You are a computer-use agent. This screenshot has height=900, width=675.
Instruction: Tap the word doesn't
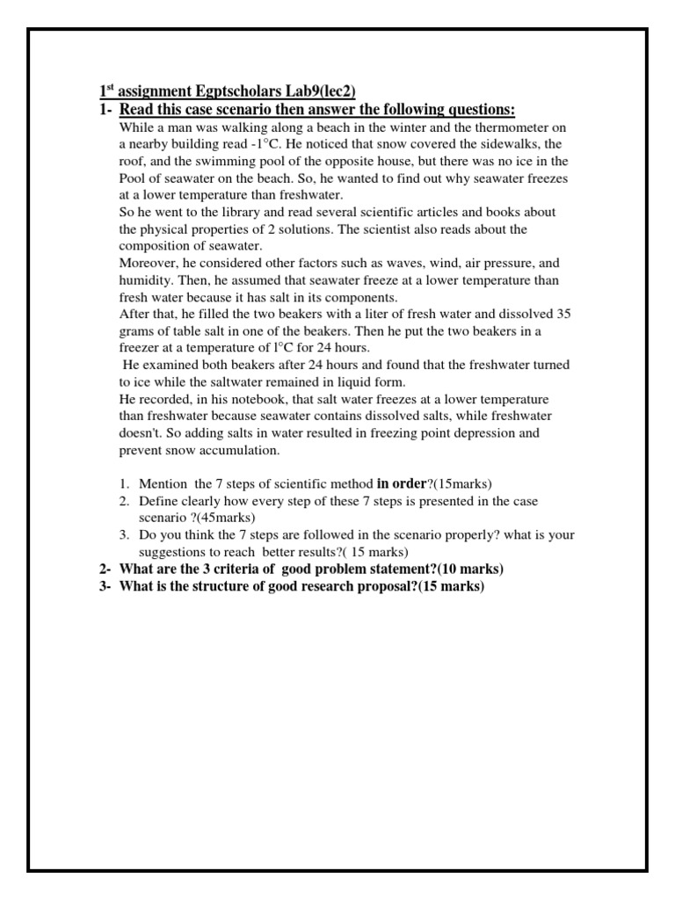(x=141, y=433)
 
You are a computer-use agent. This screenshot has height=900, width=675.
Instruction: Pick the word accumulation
(x=240, y=450)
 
